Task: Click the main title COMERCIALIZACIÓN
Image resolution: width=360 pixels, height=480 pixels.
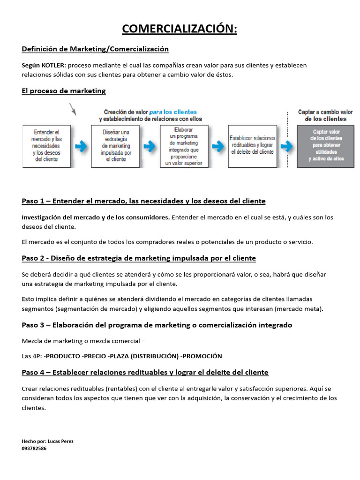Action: [x=180, y=29]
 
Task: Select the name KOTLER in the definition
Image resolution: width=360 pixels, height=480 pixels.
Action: [x=53, y=65]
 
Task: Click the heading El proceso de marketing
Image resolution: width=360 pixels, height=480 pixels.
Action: [x=64, y=91]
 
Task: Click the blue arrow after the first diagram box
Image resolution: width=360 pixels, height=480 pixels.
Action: [x=81, y=146]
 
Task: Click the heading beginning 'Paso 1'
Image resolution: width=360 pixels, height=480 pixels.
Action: [x=143, y=201]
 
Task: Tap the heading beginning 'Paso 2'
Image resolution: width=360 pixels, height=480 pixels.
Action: [x=139, y=258]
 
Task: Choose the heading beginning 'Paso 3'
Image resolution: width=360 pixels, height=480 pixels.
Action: [x=157, y=325]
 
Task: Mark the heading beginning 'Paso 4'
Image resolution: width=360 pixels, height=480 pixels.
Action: [x=145, y=372]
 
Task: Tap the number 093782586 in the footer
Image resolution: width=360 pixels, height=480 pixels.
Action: [x=34, y=448]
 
